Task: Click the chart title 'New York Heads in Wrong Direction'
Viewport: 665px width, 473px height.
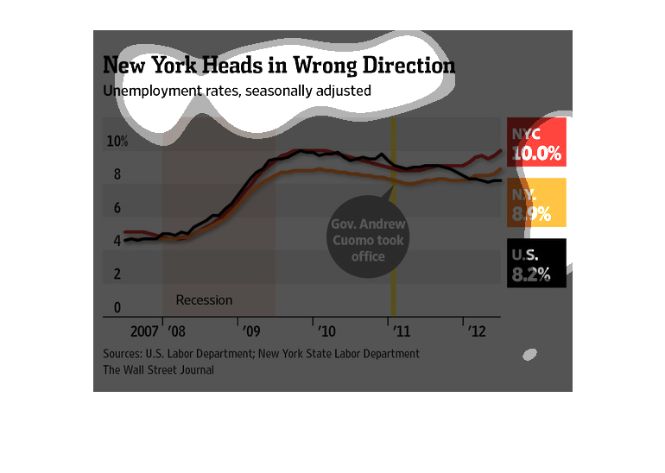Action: click(x=279, y=66)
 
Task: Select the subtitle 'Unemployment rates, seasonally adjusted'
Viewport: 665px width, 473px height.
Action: click(x=237, y=91)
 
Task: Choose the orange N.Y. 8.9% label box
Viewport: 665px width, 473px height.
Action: click(x=536, y=203)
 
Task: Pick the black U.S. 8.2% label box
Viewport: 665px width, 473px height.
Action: click(x=536, y=263)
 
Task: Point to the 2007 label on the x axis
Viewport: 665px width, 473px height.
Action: click(x=144, y=331)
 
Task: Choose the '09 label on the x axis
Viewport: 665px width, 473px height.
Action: click(x=250, y=331)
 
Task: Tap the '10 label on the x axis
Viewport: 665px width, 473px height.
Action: click(x=326, y=331)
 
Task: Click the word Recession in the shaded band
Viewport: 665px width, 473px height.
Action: click(x=204, y=300)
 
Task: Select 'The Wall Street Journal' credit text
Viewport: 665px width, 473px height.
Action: click(x=158, y=369)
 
